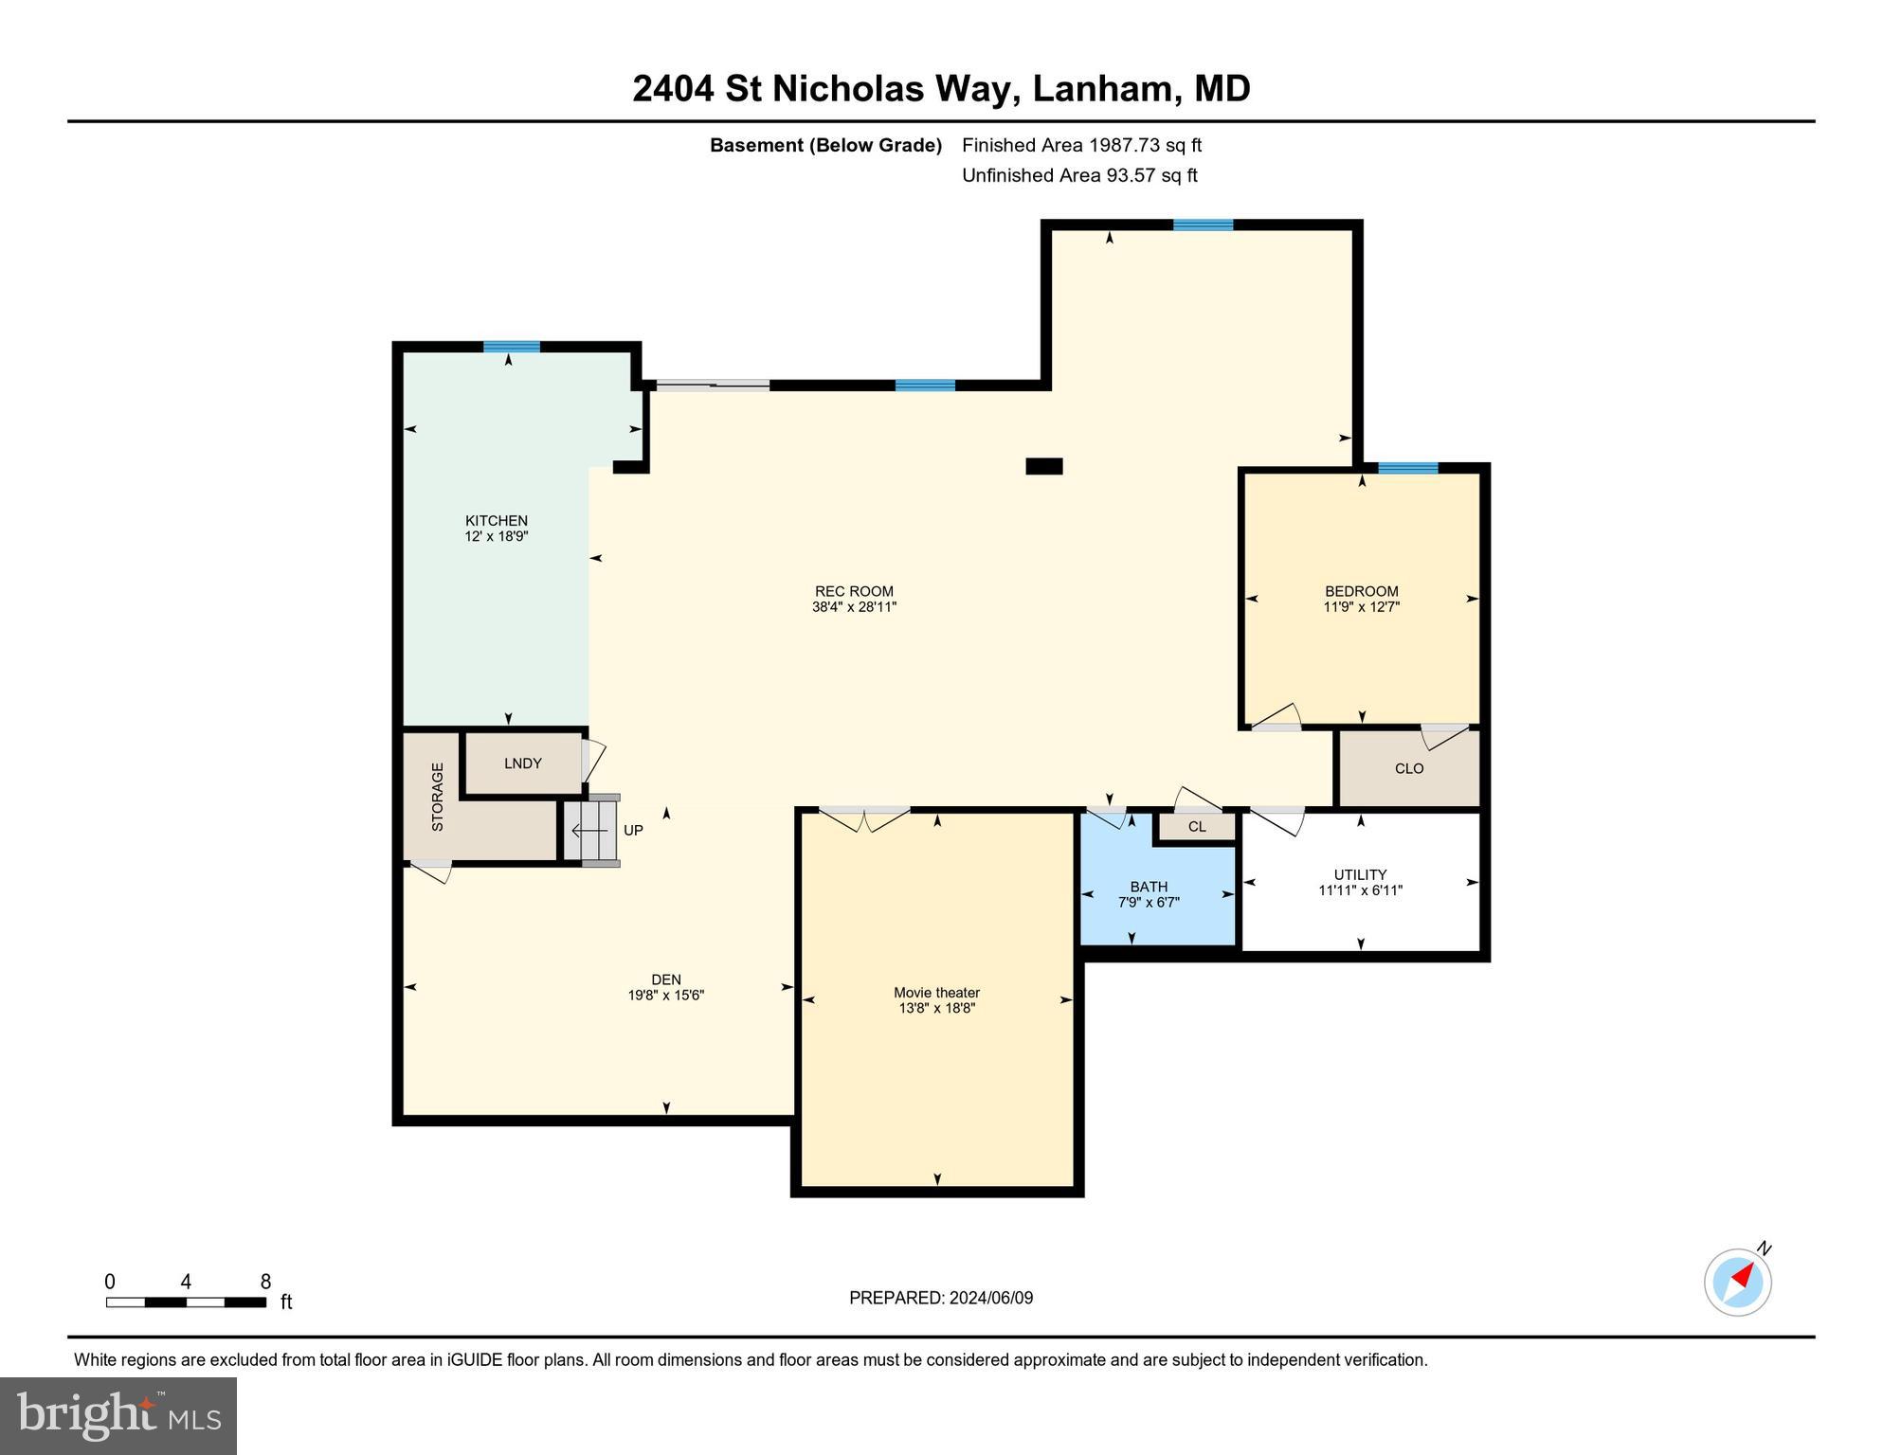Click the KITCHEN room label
tap(496, 520)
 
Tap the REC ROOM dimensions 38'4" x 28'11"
tap(854, 607)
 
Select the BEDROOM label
tap(1361, 591)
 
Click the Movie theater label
tap(936, 993)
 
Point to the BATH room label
tap(1149, 887)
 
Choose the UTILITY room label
tap(1360, 874)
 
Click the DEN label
tap(665, 979)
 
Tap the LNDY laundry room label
tap(522, 763)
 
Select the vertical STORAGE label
tap(438, 797)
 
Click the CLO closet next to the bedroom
tap(1408, 768)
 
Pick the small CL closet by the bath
tap(1197, 827)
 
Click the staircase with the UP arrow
tap(591, 831)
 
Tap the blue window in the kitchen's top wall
tap(512, 347)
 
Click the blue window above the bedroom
tap(1407, 468)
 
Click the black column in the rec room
tap(1044, 466)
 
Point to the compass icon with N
tap(1737, 1282)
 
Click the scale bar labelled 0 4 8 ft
tap(186, 1302)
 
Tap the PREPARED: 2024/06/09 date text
tap(940, 1298)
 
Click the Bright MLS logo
tap(118, 1415)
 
